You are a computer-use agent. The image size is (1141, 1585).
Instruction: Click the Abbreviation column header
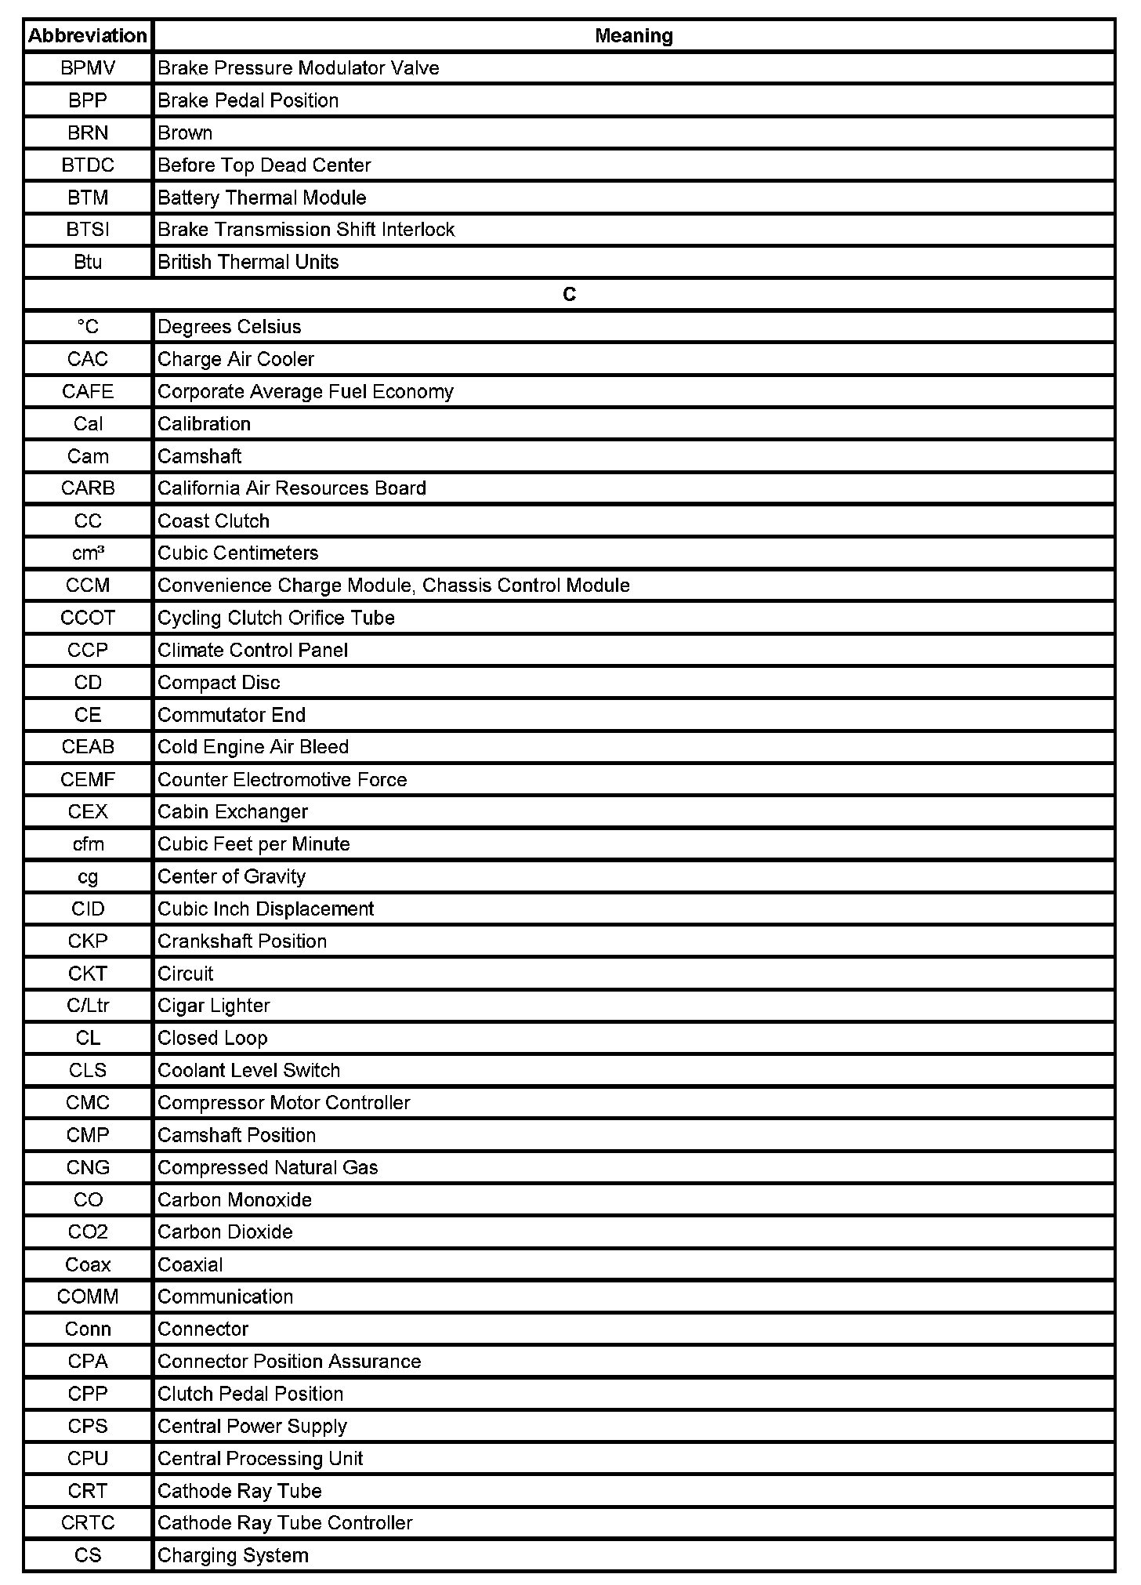tap(88, 36)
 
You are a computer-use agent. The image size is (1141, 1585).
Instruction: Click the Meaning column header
tap(633, 36)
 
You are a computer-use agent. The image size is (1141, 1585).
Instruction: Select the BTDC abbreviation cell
tap(88, 165)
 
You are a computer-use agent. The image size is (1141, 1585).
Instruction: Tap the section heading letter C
tap(569, 295)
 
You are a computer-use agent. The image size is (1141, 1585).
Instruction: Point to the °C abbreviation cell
tap(88, 327)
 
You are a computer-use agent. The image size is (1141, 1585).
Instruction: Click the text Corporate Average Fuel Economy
tap(306, 392)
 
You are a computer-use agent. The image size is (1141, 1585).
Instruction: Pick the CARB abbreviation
tap(88, 488)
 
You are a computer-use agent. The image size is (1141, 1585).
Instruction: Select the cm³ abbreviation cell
tap(88, 553)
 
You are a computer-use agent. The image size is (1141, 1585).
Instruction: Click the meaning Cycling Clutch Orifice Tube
tap(276, 618)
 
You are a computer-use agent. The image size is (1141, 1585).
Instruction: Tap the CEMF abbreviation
tap(88, 780)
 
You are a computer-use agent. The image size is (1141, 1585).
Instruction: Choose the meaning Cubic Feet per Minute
tap(254, 844)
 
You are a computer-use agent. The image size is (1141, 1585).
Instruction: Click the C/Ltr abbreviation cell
tap(88, 1006)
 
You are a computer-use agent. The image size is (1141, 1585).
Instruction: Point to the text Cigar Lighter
tap(214, 1006)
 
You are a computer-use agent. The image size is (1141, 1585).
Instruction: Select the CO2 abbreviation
tap(88, 1232)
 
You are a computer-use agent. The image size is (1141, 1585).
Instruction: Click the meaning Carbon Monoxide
tap(235, 1200)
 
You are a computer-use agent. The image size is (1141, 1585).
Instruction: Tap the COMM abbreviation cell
tap(88, 1297)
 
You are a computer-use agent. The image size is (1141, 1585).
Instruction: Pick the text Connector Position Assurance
tap(289, 1362)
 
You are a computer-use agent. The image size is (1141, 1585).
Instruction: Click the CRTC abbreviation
tap(88, 1523)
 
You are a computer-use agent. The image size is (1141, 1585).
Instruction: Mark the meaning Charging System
tap(233, 1555)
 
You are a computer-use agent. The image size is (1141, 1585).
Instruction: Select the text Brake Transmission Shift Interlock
tap(306, 230)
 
